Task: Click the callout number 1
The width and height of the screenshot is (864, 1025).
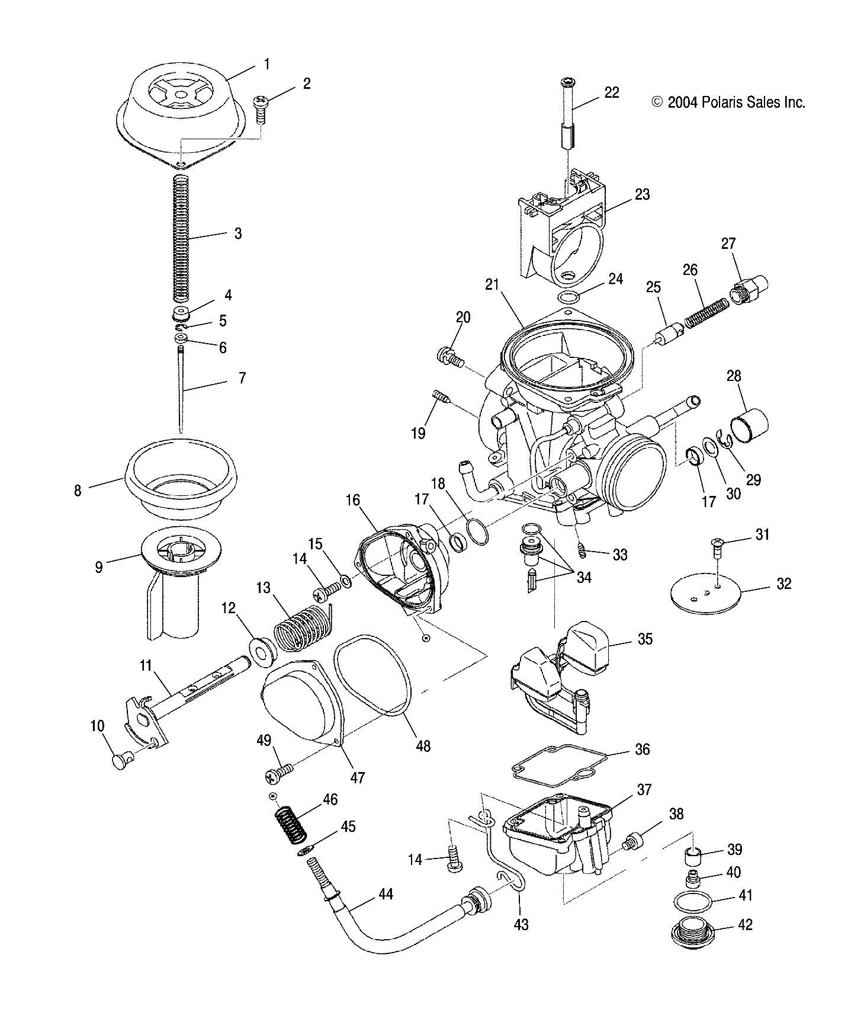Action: (266, 64)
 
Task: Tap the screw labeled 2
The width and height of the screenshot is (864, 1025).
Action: (261, 109)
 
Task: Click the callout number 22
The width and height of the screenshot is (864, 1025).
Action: (612, 92)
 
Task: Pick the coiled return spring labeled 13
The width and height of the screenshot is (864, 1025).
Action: (299, 630)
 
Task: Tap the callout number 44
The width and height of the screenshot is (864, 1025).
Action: (386, 895)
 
